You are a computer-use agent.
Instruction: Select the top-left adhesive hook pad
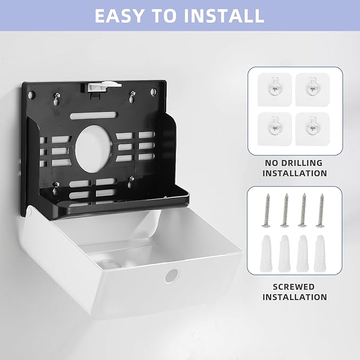click(275, 89)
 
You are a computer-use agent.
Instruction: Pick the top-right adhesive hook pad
click(312, 89)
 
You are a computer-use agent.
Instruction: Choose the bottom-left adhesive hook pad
click(275, 129)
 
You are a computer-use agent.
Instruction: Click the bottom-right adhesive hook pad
click(312, 129)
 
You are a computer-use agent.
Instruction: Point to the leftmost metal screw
click(267, 210)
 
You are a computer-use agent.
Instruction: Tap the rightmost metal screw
click(321, 210)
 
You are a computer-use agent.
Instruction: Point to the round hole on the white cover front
click(171, 276)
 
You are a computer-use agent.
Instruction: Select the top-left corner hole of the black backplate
click(32, 94)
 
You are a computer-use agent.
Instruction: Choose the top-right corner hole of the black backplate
click(153, 92)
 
